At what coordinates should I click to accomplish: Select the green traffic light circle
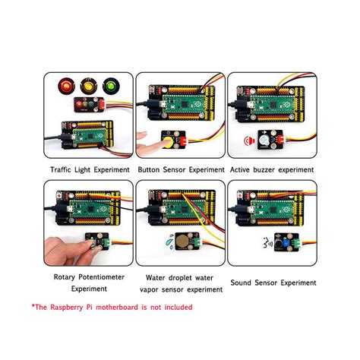click(x=111, y=84)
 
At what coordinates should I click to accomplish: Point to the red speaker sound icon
click(x=248, y=141)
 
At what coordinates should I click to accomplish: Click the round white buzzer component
click(x=265, y=141)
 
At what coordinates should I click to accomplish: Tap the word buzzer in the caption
click(x=269, y=170)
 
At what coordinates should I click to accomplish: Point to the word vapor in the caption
click(x=157, y=289)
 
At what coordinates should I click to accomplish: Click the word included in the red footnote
click(x=174, y=307)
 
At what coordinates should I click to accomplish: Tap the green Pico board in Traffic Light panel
click(x=85, y=137)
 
